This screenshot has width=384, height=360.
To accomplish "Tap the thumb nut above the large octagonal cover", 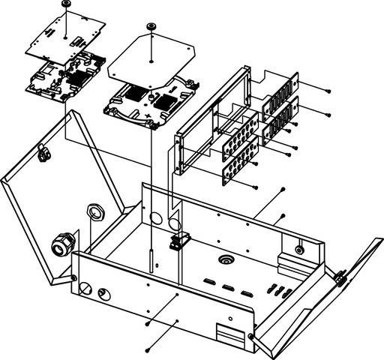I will (x=151, y=27).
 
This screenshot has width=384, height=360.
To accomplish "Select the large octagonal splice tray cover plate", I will (x=153, y=60).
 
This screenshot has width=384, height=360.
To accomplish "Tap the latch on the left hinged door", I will (x=42, y=153).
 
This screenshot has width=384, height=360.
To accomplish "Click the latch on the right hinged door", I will (x=339, y=278).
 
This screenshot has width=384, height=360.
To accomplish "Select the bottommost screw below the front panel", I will (x=148, y=349).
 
